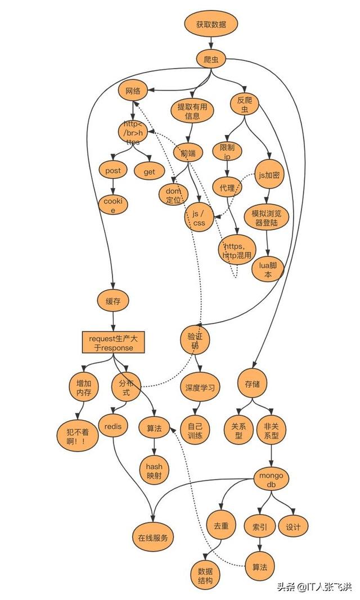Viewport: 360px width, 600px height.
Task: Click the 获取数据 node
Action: [211, 24]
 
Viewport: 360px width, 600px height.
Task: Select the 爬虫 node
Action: [211, 59]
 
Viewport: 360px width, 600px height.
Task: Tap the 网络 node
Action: [133, 91]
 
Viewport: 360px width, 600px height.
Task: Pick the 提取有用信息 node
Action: [192, 111]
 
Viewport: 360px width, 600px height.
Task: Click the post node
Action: [113, 170]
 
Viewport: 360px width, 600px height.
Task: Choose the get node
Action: [149, 172]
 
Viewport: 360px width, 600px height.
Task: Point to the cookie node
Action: [113, 205]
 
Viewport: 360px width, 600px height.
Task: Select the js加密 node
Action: [269, 175]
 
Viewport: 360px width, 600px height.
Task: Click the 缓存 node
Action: [113, 301]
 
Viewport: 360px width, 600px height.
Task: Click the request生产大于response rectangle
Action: [114, 342]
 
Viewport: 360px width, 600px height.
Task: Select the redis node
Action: [113, 426]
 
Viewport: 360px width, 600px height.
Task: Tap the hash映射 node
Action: [154, 471]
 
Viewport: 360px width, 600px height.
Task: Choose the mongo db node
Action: [271, 480]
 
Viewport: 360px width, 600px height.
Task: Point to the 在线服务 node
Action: [153, 537]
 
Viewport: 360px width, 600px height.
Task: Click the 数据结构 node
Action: [205, 576]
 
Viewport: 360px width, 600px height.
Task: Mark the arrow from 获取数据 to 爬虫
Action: [211, 43]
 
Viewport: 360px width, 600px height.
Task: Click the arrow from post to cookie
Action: [113, 188]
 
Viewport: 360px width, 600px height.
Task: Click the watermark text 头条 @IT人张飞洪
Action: [314, 587]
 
